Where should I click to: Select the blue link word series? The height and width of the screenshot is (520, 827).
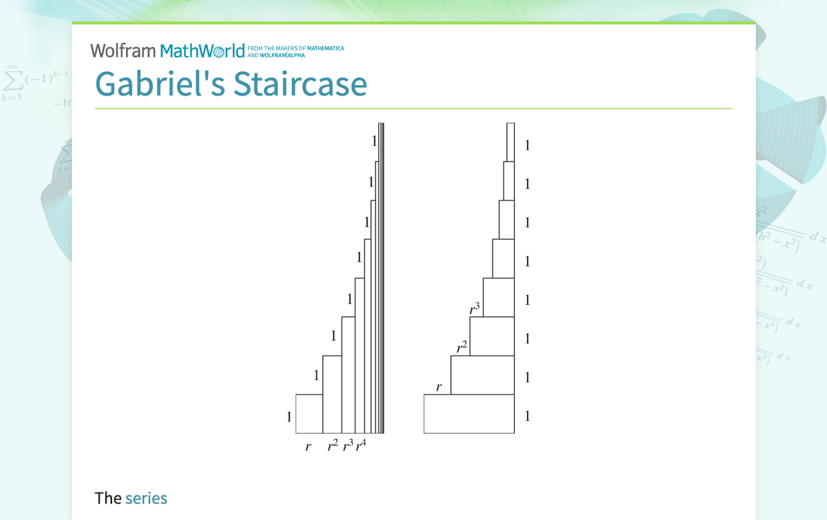(146, 498)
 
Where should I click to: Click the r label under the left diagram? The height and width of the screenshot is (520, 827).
(309, 447)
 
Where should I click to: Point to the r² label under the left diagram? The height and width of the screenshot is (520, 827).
(332, 446)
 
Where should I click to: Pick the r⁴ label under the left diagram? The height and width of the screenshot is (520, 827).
(361, 445)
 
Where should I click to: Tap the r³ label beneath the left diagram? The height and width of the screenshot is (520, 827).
(347, 446)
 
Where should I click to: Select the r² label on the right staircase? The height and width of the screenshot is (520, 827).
(462, 348)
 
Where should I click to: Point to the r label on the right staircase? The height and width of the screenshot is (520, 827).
(439, 388)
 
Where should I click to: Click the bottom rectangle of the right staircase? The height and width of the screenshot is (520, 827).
(469, 414)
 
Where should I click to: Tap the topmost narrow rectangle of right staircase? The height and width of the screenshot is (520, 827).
(511, 142)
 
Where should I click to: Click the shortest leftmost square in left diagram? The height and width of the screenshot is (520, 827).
(309, 414)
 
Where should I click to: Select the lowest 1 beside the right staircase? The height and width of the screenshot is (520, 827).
(527, 416)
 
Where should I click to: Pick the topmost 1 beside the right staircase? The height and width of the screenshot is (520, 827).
(527, 145)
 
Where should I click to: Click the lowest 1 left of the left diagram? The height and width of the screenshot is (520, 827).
(289, 417)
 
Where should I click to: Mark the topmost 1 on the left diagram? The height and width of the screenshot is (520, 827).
(374, 141)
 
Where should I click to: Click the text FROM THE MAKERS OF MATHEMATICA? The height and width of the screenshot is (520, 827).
(296, 49)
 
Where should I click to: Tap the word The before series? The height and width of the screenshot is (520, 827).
(108, 498)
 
